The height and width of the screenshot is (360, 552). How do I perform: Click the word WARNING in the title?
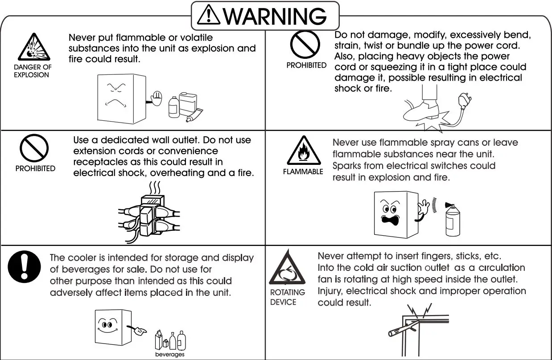275,16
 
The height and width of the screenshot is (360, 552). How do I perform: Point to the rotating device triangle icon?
286,269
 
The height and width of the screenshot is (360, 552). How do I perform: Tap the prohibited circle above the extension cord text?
34,148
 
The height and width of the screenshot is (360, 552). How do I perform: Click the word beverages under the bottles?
169,354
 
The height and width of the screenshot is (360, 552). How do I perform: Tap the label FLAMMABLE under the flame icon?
303,172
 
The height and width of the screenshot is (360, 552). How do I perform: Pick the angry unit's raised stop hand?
156,97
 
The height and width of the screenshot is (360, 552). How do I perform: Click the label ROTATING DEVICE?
288,297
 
